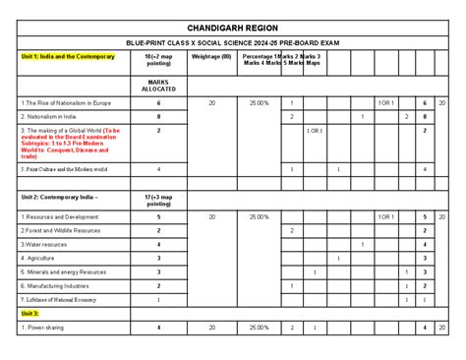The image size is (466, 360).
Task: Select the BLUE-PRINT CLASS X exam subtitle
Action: coord(233,44)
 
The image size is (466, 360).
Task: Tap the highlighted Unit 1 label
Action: coord(61,57)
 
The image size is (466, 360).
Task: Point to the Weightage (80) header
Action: coord(211,57)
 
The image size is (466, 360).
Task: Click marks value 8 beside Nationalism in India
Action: coord(158,116)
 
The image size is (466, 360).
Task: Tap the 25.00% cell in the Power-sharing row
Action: coord(258,327)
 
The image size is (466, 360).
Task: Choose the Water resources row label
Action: coord(45,244)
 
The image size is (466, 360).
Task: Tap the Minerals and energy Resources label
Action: coord(63,271)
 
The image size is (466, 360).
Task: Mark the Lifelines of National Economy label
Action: coord(62,299)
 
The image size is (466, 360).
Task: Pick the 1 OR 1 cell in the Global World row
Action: coord(314,130)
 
